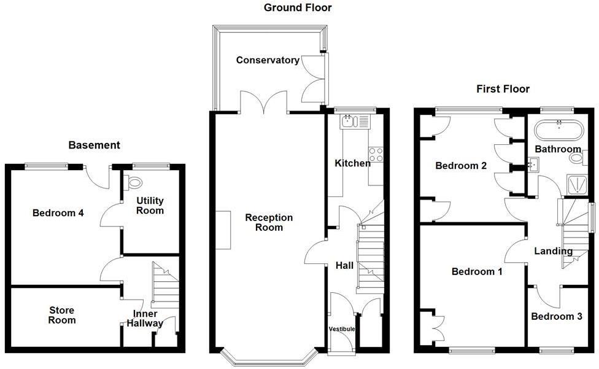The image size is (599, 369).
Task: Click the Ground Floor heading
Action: tap(298, 8)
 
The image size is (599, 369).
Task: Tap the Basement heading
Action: tap(94, 146)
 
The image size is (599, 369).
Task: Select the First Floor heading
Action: tap(503, 89)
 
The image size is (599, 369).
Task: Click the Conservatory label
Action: tap(268, 60)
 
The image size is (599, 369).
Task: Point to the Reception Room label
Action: tap(269, 222)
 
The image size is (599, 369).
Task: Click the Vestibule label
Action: tap(342, 330)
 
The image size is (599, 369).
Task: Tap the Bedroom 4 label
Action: tap(58, 213)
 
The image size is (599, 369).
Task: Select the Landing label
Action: tap(553, 251)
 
